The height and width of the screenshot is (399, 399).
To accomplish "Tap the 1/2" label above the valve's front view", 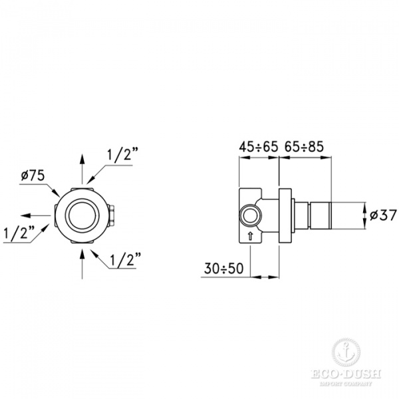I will tap(122, 154).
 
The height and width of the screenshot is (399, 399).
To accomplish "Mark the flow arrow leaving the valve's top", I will tap(82, 163).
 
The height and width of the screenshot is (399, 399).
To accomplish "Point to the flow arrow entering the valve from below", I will tap(82, 263).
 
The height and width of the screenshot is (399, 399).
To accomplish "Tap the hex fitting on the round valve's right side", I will tap(117, 214).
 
